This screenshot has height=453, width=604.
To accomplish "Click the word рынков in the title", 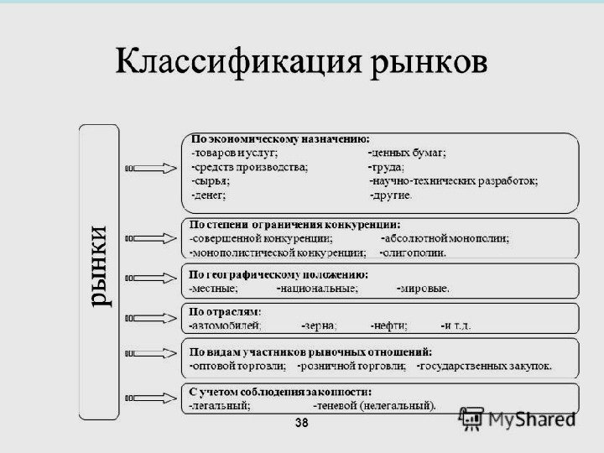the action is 425,65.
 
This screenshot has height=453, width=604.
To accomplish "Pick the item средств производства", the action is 249,167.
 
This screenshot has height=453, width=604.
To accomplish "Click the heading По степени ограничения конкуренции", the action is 294,225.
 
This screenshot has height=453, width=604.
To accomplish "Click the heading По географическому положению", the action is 279,274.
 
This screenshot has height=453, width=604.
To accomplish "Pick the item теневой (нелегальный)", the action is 374,406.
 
